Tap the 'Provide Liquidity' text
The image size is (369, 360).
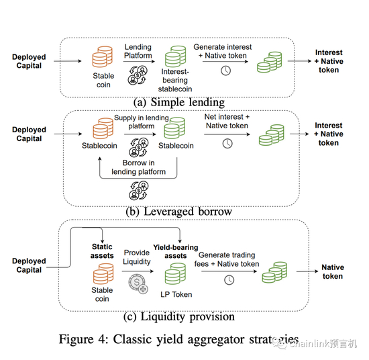(137, 257)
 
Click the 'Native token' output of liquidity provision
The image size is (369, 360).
(333, 271)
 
